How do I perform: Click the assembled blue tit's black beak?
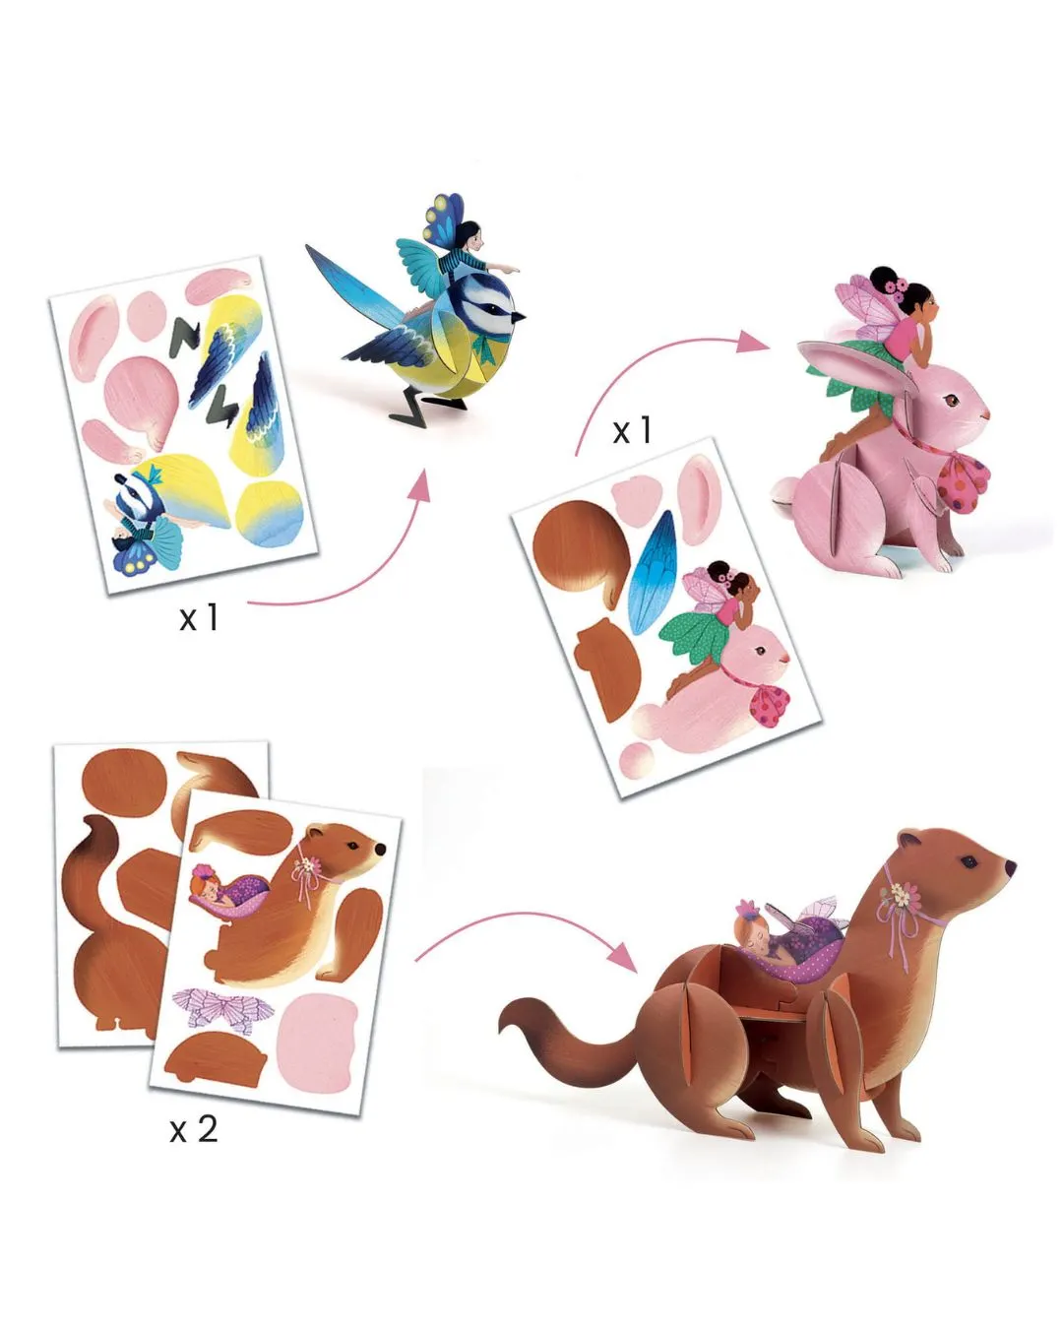(519, 317)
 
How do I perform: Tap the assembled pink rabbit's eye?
(949, 401)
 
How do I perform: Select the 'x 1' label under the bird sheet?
(199, 617)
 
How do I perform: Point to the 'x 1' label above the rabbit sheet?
(632, 430)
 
